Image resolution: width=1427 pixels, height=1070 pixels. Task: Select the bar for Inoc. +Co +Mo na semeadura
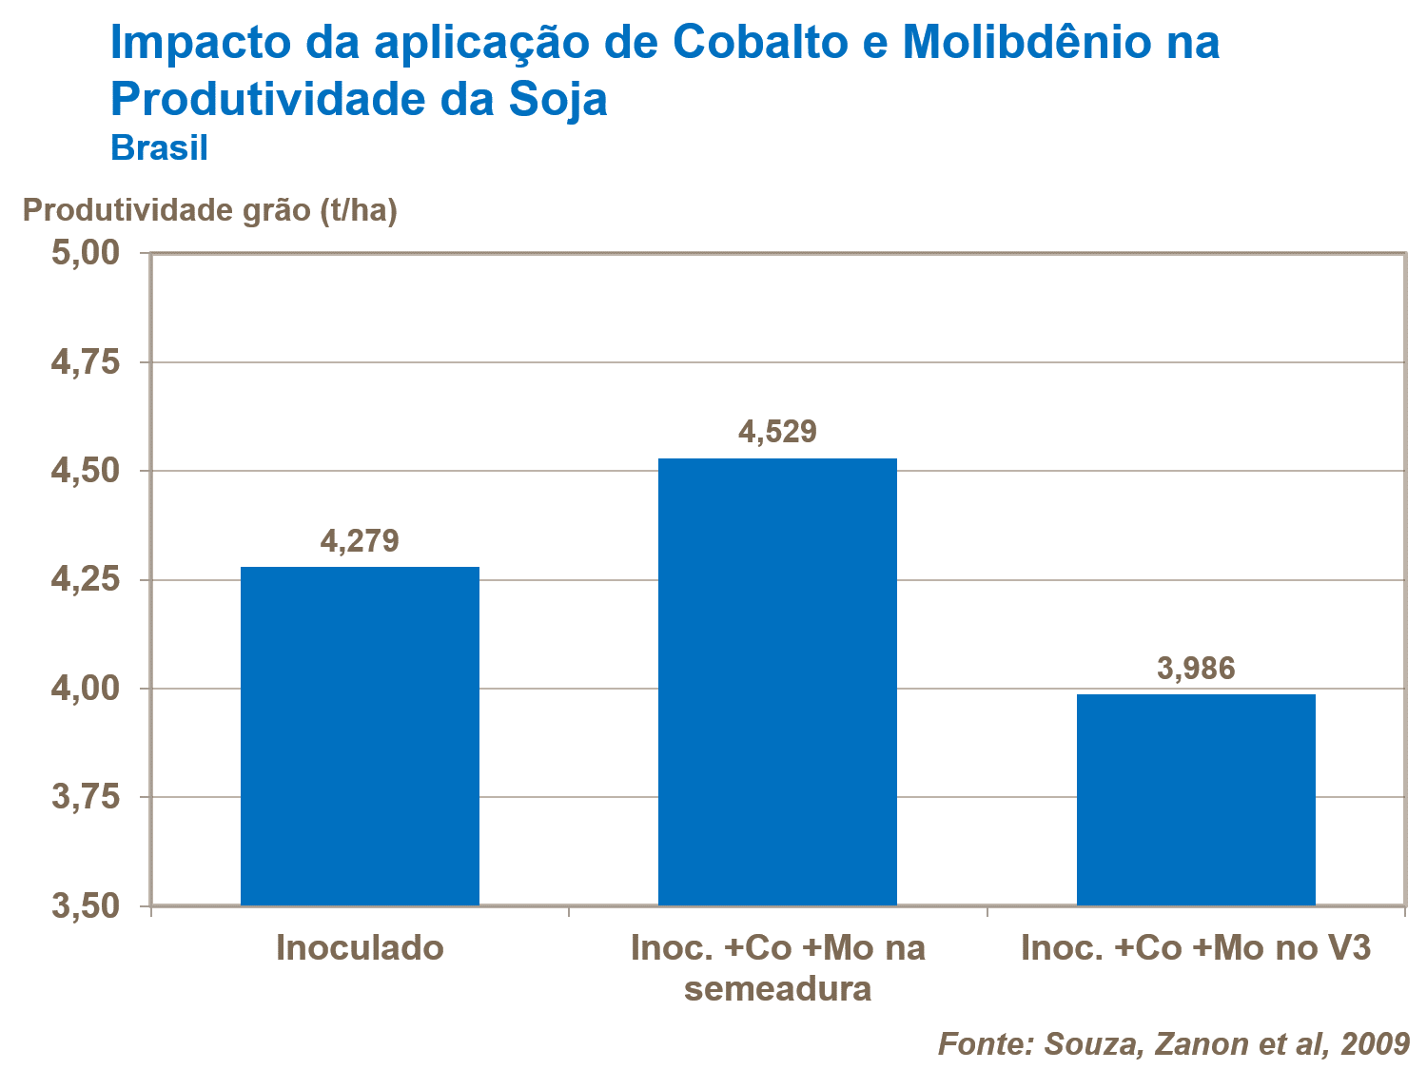click(777, 681)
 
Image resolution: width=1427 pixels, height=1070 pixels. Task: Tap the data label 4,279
click(360, 541)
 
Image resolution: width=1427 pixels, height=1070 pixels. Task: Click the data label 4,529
click(777, 432)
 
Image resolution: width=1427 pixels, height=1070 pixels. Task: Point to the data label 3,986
click(1196, 669)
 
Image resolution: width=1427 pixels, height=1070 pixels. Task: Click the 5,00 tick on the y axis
click(85, 253)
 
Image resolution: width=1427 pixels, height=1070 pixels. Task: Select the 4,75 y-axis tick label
click(85, 362)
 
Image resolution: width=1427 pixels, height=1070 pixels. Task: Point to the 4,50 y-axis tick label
click(85, 471)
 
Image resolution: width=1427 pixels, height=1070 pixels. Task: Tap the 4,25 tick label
click(85, 580)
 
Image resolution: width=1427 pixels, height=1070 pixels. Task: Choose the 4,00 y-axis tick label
click(85, 689)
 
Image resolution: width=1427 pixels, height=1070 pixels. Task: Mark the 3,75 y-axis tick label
click(85, 797)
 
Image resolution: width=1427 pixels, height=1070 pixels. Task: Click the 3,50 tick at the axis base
click(85, 906)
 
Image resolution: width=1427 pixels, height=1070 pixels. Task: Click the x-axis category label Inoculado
click(360, 948)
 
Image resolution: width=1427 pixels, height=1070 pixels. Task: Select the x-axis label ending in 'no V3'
click(1196, 948)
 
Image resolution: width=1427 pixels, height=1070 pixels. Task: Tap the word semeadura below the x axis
click(777, 989)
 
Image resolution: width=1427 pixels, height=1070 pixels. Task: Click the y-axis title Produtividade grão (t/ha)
click(209, 210)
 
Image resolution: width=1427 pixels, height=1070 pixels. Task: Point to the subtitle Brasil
click(159, 148)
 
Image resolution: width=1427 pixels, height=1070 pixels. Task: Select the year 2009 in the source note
click(1375, 1043)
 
